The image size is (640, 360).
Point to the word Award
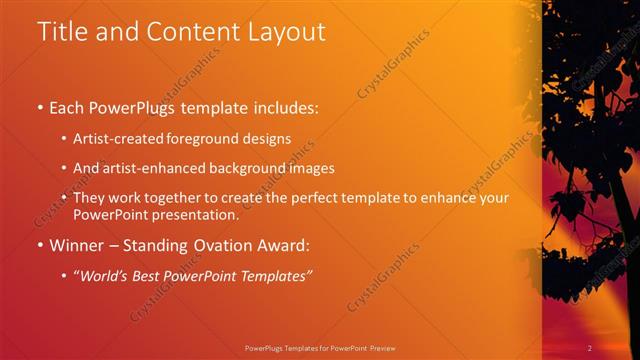click(284, 244)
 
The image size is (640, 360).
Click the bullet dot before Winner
click(39, 245)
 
